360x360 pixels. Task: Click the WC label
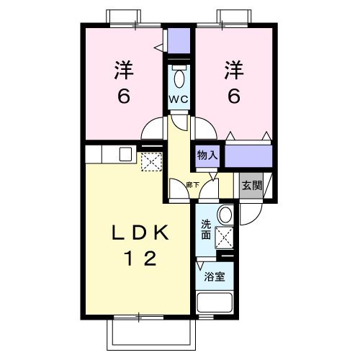[179, 99]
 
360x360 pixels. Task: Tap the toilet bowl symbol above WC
[179, 76]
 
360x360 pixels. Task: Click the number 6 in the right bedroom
[234, 95]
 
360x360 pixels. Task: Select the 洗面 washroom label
[206, 229]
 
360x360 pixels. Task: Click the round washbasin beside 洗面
[224, 215]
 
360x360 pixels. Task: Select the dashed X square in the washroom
[224, 236]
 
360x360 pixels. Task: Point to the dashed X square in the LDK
[152, 163]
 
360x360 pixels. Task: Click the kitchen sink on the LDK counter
[125, 153]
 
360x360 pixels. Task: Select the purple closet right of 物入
[249, 154]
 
